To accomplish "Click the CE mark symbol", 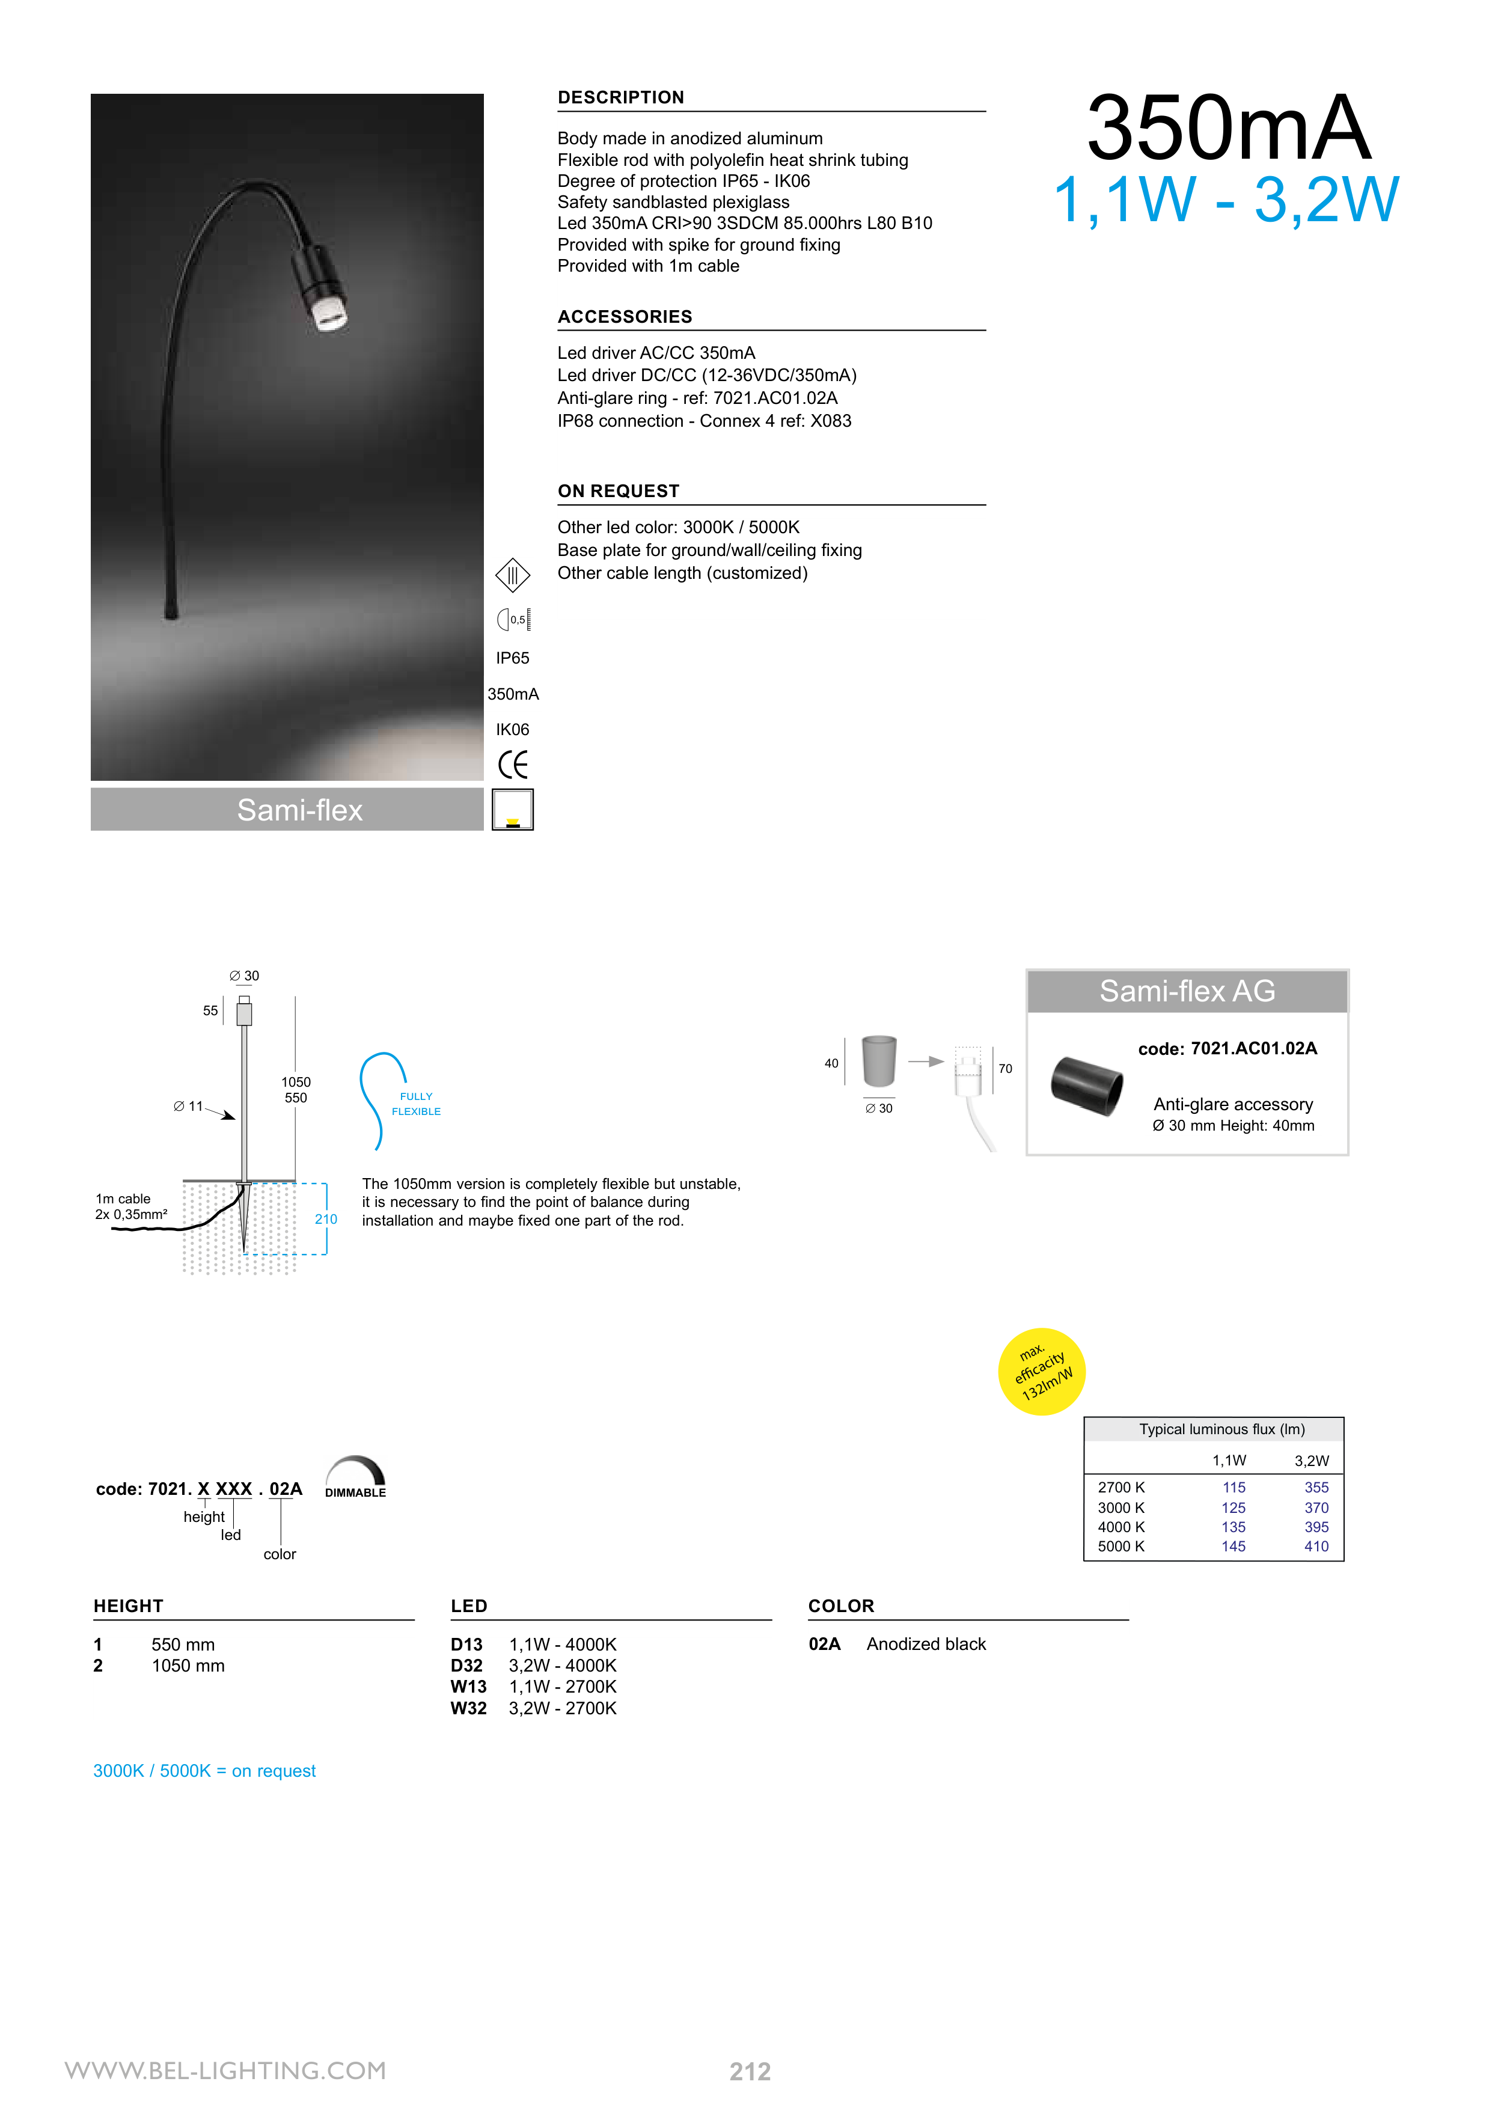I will [512, 765].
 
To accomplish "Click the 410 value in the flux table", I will [1315, 1546].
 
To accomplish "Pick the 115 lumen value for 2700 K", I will [1233, 1487].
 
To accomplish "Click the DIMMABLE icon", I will [355, 1477].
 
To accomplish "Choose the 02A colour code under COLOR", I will [824, 1644].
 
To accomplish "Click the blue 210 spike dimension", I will [326, 1219].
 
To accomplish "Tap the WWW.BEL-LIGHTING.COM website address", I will [225, 2070].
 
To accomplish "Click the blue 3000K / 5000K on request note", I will [204, 1771].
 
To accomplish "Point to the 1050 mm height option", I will [188, 1666].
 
